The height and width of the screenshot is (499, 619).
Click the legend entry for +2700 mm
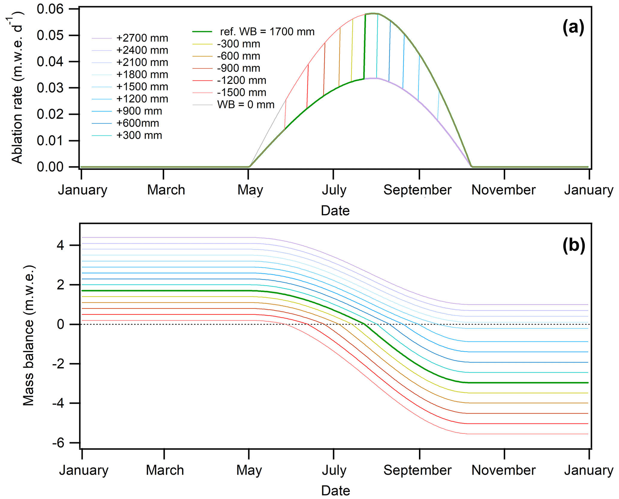click(x=142, y=38)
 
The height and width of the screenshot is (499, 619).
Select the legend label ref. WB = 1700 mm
click(x=267, y=31)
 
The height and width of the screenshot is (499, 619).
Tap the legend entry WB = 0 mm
click(x=246, y=105)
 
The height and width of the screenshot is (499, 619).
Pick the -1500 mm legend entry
click(x=241, y=92)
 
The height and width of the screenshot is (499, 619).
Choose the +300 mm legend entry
click(x=139, y=135)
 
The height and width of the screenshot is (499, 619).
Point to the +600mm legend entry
click(x=137, y=123)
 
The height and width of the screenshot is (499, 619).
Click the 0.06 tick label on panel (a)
click(x=50, y=9)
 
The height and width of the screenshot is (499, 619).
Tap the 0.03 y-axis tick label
click(x=50, y=88)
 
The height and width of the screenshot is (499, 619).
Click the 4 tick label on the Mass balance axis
click(x=60, y=245)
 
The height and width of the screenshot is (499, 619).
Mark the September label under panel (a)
click(x=417, y=190)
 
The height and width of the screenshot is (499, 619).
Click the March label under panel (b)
click(x=165, y=470)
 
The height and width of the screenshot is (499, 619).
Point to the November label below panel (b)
click(x=503, y=470)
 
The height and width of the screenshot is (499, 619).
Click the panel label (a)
click(x=573, y=28)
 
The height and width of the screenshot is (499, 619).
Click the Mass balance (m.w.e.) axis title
click(x=29, y=335)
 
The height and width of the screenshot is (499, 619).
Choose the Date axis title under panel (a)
click(x=335, y=211)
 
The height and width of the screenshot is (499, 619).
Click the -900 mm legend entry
click(x=238, y=68)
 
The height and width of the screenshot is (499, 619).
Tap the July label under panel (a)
click(x=334, y=190)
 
